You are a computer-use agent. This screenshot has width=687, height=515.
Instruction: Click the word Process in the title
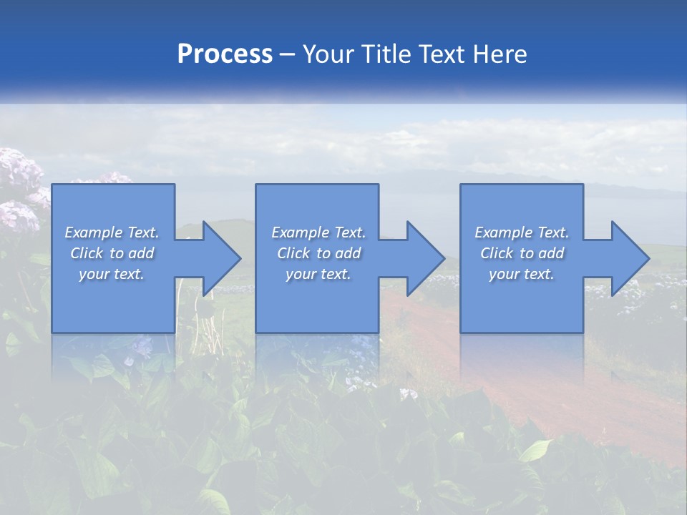click(225, 54)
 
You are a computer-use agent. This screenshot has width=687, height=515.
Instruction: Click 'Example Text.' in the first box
click(112, 232)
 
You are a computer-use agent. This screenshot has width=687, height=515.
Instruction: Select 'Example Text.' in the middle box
click(318, 232)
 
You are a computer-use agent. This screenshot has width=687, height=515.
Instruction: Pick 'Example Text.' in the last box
click(522, 232)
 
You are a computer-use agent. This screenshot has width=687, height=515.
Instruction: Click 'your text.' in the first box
click(112, 274)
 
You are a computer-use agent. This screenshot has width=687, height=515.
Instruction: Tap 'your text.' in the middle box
click(318, 274)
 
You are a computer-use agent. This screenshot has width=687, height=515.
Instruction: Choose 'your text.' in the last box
click(522, 274)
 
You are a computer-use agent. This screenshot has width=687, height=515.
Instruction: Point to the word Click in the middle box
click(293, 253)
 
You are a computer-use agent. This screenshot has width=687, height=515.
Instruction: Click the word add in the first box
click(142, 253)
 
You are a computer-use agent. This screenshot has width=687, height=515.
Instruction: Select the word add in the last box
click(552, 253)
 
